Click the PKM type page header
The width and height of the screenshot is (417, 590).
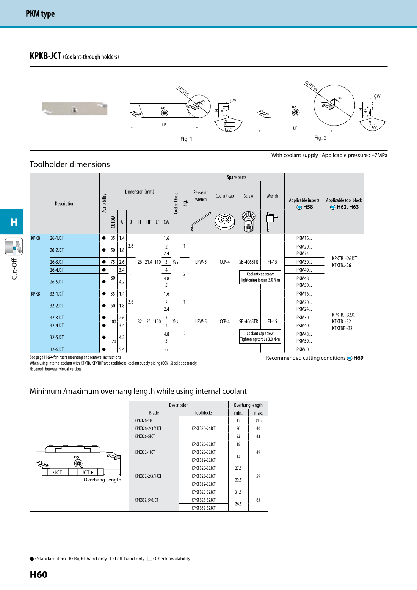pos(40,14)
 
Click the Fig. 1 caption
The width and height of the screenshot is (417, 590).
pos(186,139)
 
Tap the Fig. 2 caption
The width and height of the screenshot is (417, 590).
pos(320,138)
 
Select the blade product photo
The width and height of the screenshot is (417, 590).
pos(75,109)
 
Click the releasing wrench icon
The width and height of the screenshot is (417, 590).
pos(201,222)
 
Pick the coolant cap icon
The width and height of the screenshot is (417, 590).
pos(225,221)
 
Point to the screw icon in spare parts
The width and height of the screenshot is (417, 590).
pos(249,222)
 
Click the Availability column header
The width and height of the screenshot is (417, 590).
pos(104,203)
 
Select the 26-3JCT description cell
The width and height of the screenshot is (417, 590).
pos(57,262)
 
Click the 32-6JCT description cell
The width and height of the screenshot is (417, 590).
pos(57,349)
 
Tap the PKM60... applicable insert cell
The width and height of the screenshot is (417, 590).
pos(304,349)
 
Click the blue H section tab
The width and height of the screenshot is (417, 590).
pos(13,222)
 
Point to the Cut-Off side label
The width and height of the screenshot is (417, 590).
pos(14,269)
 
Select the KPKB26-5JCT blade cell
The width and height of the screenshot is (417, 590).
pos(145,436)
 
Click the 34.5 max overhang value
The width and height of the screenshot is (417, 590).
pos(258,420)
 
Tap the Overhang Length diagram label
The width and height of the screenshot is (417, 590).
pos(102,480)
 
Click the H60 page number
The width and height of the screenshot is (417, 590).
pos(39,574)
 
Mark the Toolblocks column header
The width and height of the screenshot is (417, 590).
pos(204,413)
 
